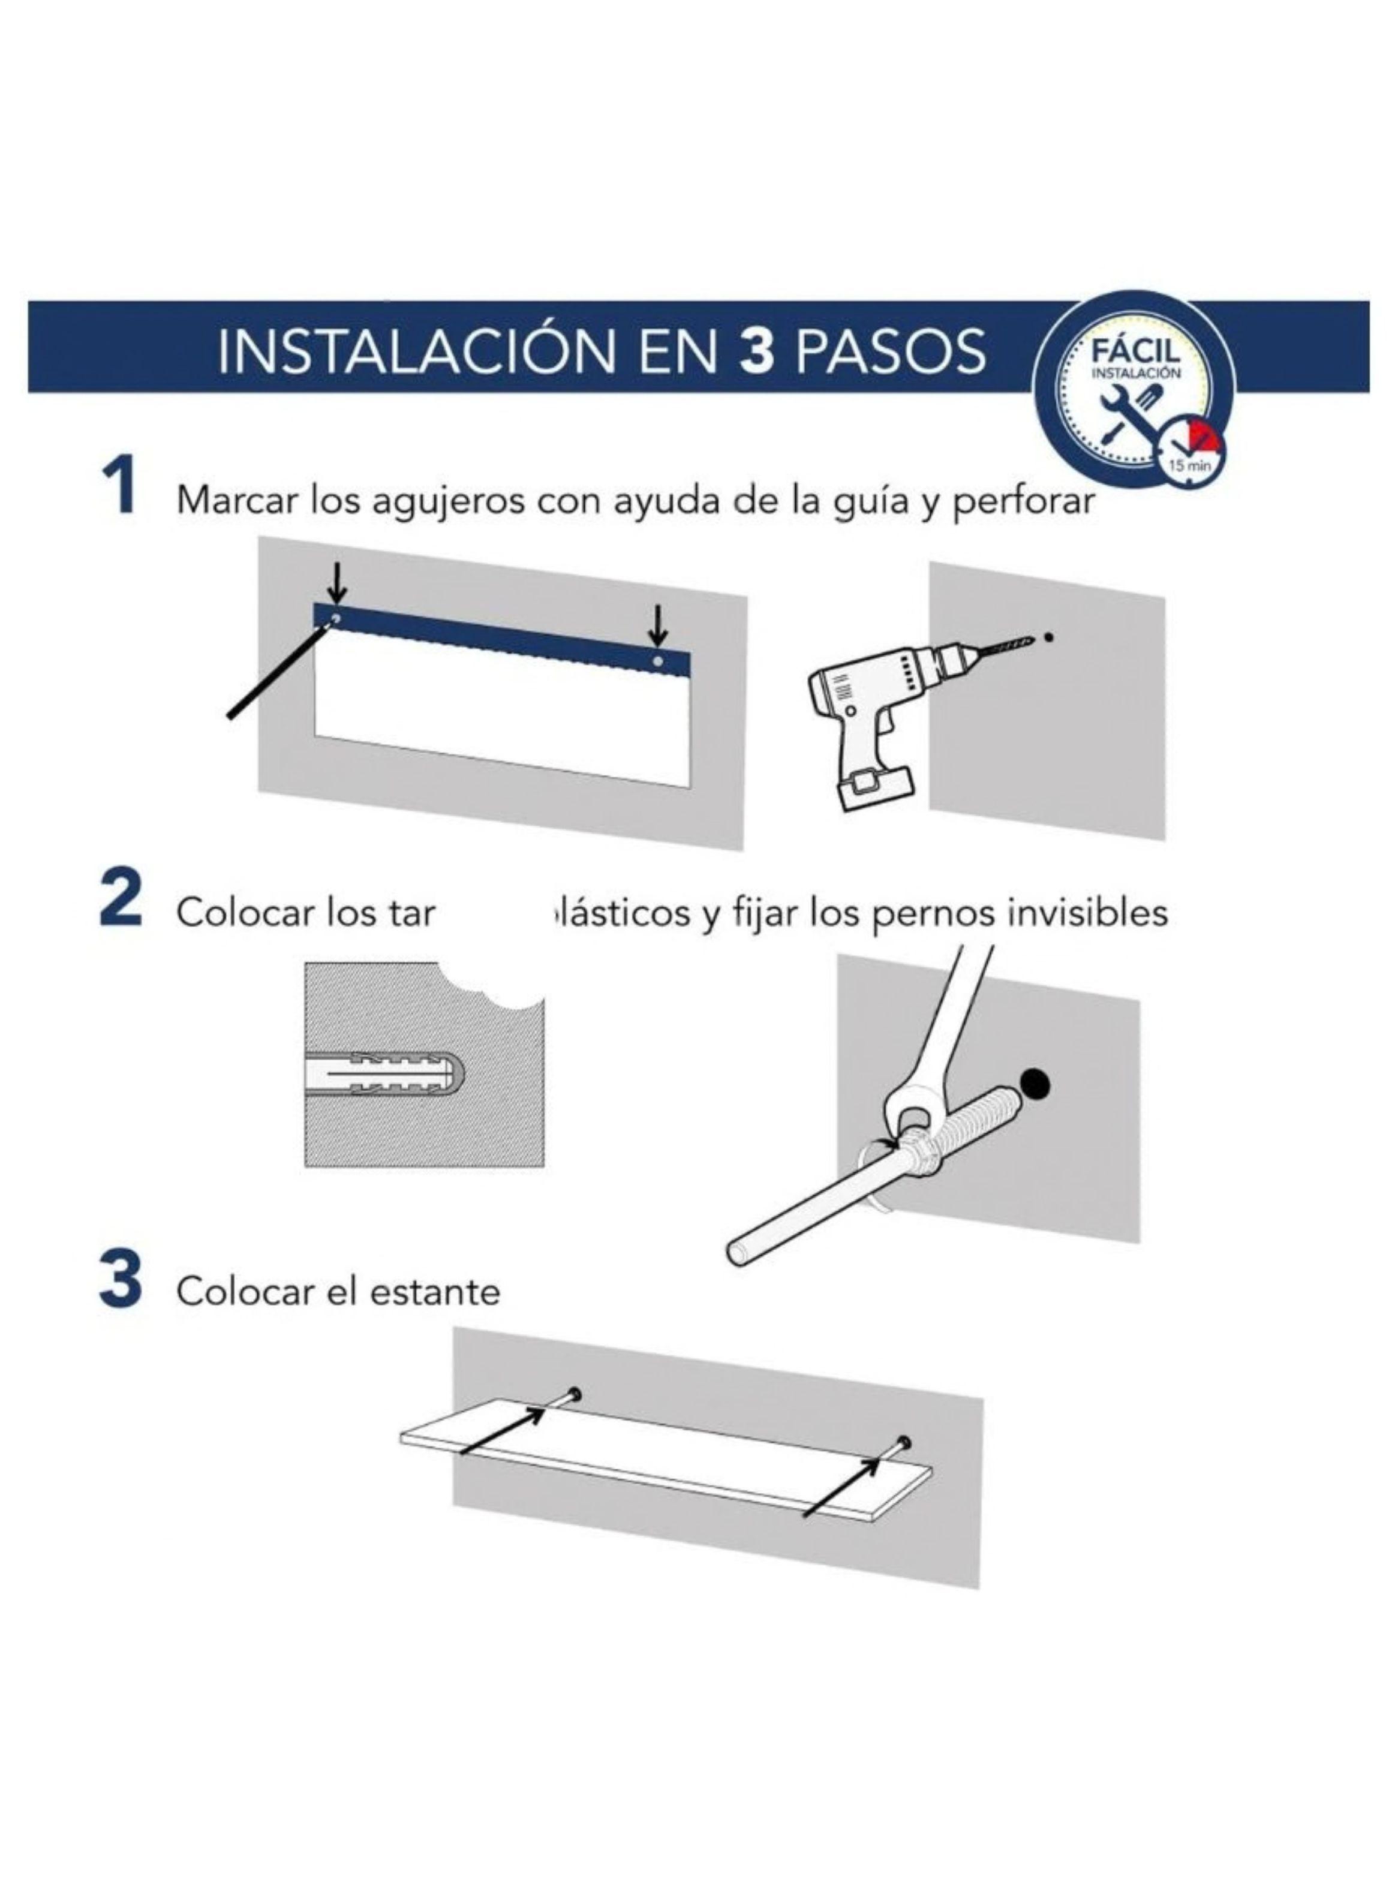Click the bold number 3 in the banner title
pyautogui.click(x=756, y=350)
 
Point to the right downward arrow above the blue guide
pyautogui.click(x=657, y=627)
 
